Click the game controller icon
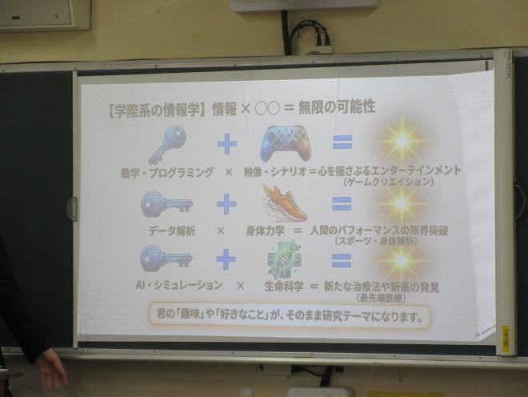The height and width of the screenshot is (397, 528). pyautogui.click(x=284, y=143)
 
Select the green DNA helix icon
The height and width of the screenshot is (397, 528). pyautogui.click(x=284, y=259)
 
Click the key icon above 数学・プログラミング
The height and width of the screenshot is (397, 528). pyautogui.click(x=167, y=144)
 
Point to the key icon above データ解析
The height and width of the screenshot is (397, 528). pyautogui.click(x=166, y=205)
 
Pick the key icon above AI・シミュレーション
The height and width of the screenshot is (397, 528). pyautogui.click(x=166, y=258)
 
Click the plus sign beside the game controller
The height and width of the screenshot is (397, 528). pyautogui.click(x=227, y=144)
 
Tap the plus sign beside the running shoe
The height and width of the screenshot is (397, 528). pyautogui.click(x=226, y=205)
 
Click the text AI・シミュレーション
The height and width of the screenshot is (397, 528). pyautogui.click(x=168, y=285)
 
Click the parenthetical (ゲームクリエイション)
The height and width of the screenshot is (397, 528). pyautogui.click(x=389, y=182)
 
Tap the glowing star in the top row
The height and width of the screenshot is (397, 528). pyautogui.click(x=402, y=141)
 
